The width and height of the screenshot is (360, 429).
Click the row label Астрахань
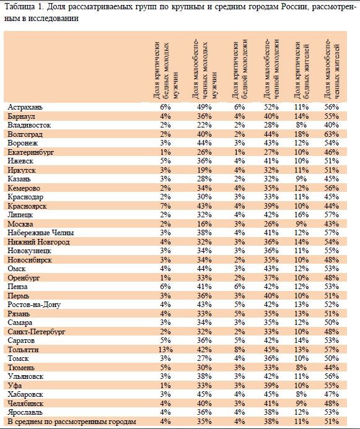tap(25, 107)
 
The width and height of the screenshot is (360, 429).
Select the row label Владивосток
tap(29, 125)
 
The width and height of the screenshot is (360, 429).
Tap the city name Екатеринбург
tap(30, 152)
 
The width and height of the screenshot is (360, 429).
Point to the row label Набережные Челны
tap(41, 233)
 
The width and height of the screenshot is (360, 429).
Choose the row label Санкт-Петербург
tap(37, 332)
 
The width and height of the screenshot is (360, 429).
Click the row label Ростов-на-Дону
tap(34, 305)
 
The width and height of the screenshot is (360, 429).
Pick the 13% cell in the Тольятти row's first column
tap(165, 350)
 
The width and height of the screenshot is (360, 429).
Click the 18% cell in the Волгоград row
tap(301, 134)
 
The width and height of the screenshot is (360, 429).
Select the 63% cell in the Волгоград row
tap(331, 134)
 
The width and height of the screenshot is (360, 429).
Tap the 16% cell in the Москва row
tap(204, 224)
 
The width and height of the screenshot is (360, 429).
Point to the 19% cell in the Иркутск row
tap(204, 170)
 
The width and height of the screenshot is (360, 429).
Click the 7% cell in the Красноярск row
tap(165, 206)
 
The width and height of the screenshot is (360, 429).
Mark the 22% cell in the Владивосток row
tap(204, 125)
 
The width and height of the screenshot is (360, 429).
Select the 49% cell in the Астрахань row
tap(204, 107)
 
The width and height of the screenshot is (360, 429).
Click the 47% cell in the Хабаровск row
tap(331, 394)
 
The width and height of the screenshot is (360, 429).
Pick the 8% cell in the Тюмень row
tap(301, 368)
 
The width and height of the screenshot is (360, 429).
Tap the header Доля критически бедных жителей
tap(301, 71)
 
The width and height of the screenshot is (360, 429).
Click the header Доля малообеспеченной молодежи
tap(271, 69)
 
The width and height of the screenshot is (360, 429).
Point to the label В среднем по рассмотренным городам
tap(72, 422)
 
